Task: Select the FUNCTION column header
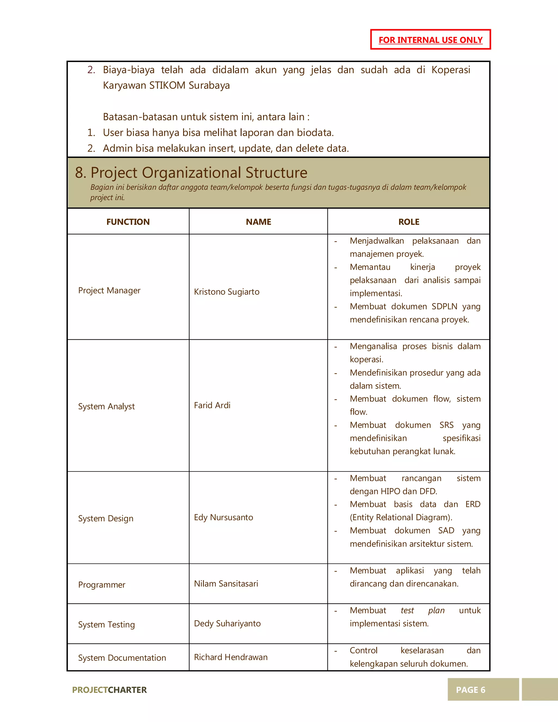pyautogui.click(x=128, y=222)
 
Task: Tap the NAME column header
pyautogui.click(x=258, y=222)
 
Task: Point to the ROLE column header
pyautogui.click(x=408, y=222)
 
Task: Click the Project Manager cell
pyautogui.click(x=109, y=291)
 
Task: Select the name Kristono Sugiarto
pyautogui.click(x=227, y=292)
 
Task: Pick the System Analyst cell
pyautogui.click(x=106, y=406)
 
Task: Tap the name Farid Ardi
pyautogui.click(x=212, y=405)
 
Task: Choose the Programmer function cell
pyautogui.click(x=102, y=585)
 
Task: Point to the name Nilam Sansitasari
pyautogui.click(x=226, y=584)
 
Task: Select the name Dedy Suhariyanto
pyautogui.click(x=227, y=623)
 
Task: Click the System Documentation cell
pyautogui.click(x=122, y=658)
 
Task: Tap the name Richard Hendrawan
pyautogui.click(x=231, y=657)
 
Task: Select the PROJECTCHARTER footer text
pyautogui.click(x=109, y=690)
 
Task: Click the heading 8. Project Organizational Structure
pyautogui.click(x=191, y=173)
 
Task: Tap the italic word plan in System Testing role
pyautogui.click(x=436, y=611)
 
